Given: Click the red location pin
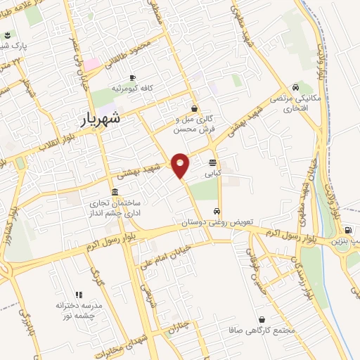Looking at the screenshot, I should pyautogui.click(x=181, y=165).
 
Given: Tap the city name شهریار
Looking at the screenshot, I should pyautogui.click(x=98, y=119).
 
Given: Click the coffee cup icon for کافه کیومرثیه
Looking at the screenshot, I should pyautogui.click(x=131, y=78).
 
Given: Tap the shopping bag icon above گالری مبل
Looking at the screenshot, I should pyautogui.click(x=193, y=108).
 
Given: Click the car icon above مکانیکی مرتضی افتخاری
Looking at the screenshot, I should pyautogui.click(x=297, y=87).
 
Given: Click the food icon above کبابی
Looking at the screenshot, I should pyautogui.click(x=212, y=162).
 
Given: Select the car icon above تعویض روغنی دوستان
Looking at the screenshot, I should pyautogui.click(x=219, y=211).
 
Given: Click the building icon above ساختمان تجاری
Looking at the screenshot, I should pyautogui.click(x=115, y=192).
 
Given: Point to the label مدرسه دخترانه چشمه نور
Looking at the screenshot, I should pyautogui.click(x=76, y=310).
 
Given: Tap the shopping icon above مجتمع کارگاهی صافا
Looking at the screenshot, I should pyautogui.click(x=262, y=319).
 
